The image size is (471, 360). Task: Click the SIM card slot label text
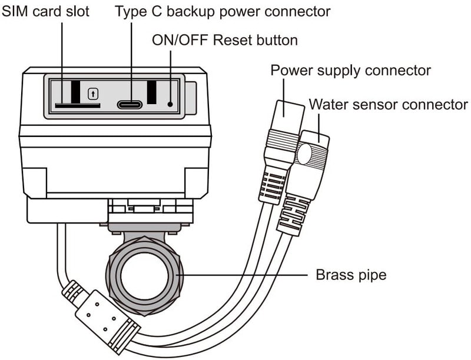(46, 11)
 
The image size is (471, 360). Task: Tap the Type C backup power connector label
(223, 11)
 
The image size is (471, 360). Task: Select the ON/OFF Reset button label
(225, 41)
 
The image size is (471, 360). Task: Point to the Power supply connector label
(350, 71)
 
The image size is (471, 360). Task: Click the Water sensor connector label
(389, 105)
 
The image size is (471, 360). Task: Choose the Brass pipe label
(351, 275)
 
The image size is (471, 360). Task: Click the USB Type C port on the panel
(129, 105)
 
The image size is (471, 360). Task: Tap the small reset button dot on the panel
(170, 105)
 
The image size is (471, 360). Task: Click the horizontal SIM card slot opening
(77, 106)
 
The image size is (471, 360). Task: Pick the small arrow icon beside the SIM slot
(92, 93)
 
